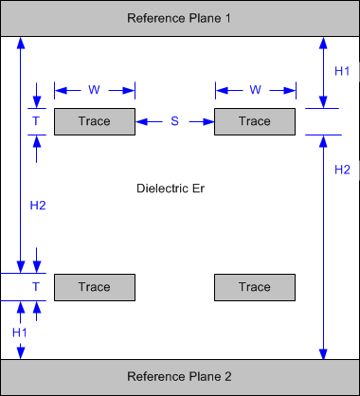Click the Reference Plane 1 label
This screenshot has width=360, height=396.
tap(179, 18)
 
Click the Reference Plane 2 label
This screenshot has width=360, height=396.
tap(179, 377)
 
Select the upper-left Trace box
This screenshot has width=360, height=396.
tap(94, 121)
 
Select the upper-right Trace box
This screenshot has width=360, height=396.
tap(255, 121)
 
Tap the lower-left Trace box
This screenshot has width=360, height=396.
tap(94, 287)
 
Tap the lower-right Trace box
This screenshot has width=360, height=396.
tap(255, 287)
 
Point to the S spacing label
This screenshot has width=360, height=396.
tap(174, 121)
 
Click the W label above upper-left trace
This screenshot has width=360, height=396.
tap(94, 90)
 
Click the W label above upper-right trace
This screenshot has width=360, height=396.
tap(255, 90)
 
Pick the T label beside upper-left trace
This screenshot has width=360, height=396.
tap(36, 121)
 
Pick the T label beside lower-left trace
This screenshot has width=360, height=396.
tap(36, 287)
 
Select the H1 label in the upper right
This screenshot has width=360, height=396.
tap(342, 71)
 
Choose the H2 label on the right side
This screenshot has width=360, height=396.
tap(342, 170)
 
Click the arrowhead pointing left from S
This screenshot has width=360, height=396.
tap(141, 121)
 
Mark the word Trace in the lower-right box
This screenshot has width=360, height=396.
tap(255, 287)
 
